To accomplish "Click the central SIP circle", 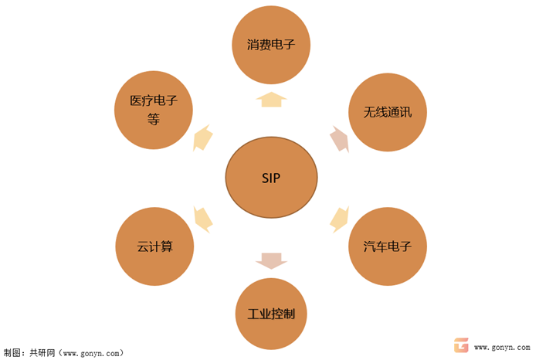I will point(270,178).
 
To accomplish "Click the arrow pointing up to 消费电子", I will point(271,99).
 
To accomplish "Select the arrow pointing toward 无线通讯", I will point(339,139).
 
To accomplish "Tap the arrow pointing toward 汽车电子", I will point(339,219).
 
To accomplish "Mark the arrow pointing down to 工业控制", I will point(271,261).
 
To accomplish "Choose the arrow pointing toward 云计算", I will point(202,219).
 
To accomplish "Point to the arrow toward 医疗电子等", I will point(202,138).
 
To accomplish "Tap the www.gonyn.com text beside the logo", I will point(501,348).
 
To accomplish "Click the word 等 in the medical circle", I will point(153,120).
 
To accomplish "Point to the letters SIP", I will point(270,178).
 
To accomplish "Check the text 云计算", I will point(154,247).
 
